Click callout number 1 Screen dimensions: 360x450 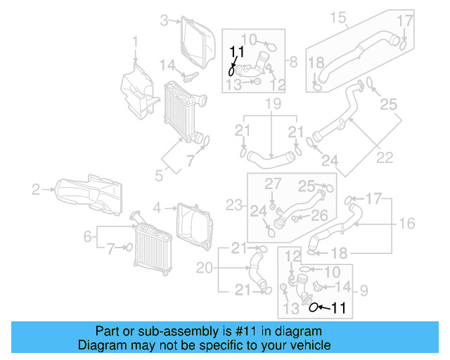coord(135,46)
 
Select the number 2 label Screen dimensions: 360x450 coord(36,188)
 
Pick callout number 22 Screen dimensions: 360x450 coord(384,157)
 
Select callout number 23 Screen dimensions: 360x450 coord(235,205)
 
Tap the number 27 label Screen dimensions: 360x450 coord(272,184)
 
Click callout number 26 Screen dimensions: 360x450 coord(319,214)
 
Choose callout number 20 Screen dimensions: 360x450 coord(204,267)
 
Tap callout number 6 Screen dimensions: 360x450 coord(88,237)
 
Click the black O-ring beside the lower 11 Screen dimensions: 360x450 coord(314,307)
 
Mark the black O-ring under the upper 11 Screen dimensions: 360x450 coord(231,70)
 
